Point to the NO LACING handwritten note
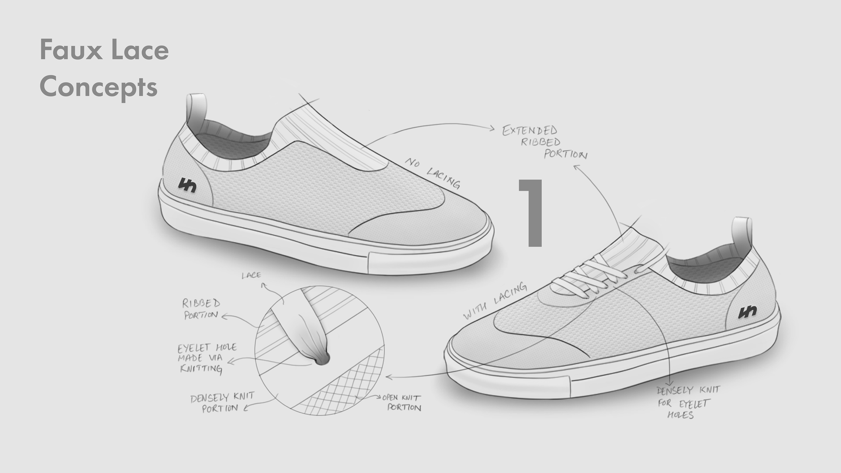click(x=433, y=173)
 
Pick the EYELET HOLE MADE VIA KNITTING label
click(x=205, y=358)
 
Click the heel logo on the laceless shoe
click(x=187, y=185)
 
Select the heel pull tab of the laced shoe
click(x=741, y=233)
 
